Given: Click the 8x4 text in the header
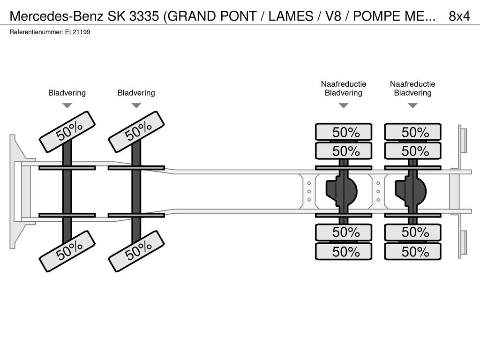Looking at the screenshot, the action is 459,16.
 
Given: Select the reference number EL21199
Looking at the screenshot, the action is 78,32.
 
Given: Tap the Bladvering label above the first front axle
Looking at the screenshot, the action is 67,93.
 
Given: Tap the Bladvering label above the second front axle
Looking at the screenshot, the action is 136,93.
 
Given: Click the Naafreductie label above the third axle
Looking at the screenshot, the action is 344,84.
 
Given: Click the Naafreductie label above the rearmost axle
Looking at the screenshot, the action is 412,84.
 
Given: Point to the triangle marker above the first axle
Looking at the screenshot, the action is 67,105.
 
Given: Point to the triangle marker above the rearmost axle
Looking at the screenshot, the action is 412,105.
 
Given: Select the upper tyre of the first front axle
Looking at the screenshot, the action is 67,132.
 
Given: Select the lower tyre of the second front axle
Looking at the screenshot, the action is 136,251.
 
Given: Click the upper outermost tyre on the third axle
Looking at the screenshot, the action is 344,132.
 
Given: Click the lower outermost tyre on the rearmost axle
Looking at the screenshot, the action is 412,251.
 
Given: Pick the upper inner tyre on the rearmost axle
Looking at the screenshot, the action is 412,150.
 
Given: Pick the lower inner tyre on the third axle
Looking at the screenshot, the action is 344,232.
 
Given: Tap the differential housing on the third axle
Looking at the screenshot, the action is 342,192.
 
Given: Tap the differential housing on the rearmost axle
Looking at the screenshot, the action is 411,192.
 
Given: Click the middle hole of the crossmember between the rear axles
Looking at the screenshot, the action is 378,192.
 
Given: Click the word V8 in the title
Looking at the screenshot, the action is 333,16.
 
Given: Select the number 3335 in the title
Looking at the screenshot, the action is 144,16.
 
